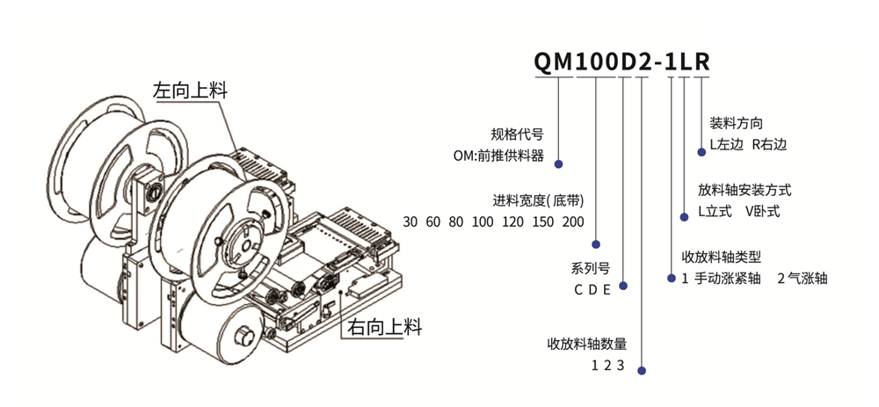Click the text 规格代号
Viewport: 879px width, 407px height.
[517, 136]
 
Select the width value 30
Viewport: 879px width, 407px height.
[410, 222]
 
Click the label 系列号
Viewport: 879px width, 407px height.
[591, 268]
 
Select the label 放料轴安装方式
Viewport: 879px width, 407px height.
[745, 191]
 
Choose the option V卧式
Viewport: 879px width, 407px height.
[763, 212]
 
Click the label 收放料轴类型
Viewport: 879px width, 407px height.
[721, 258]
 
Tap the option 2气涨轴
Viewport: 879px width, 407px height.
[803, 279]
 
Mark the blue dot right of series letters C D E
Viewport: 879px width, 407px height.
[623, 286]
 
